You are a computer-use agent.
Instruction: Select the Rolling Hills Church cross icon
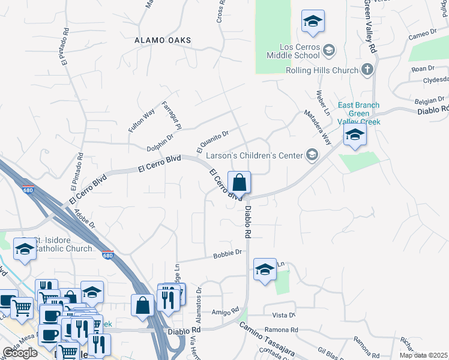tap(367, 70)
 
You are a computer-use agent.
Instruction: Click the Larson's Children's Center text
tap(255, 155)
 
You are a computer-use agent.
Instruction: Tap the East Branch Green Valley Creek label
tap(359, 113)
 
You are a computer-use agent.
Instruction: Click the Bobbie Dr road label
tap(227, 254)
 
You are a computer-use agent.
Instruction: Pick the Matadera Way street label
tap(318, 127)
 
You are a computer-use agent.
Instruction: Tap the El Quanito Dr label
tap(213, 141)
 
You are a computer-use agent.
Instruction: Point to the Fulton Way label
tap(142, 121)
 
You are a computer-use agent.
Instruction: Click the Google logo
tap(20, 352)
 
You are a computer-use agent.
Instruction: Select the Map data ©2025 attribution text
tap(424, 355)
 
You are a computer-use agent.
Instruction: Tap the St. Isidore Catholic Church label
tap(63, 244)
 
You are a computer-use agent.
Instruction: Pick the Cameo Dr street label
tap(422, 34)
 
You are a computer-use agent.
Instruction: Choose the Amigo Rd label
tap(225, 312)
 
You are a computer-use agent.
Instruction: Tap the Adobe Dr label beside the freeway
tap(83, 217)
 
